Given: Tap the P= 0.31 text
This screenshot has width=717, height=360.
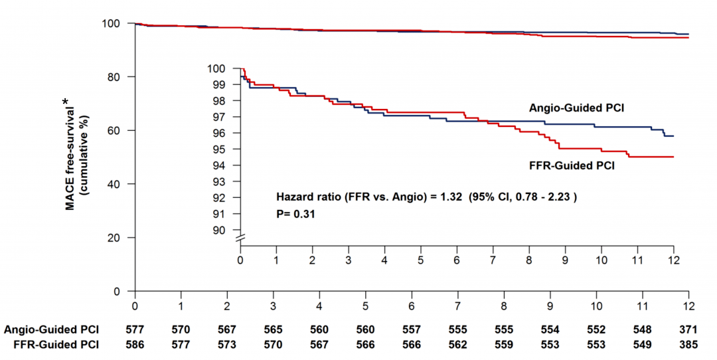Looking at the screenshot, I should (x=295, y=214).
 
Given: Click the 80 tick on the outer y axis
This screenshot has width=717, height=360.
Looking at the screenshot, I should (x=113, y=77).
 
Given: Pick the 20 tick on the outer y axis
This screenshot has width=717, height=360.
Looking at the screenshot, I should (x=113, y=238).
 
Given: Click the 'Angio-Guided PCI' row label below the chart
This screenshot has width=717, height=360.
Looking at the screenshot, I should (x=51, y=330).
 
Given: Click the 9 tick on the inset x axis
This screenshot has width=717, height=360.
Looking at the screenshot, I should (x=565, y=258).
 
